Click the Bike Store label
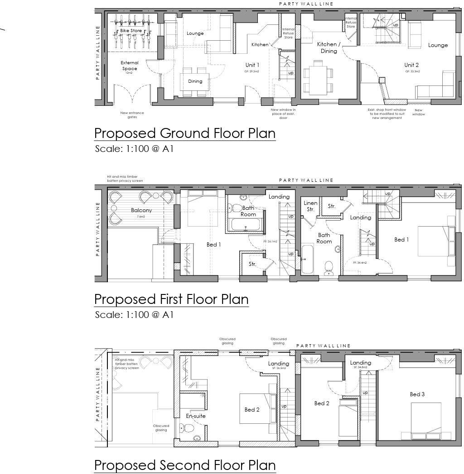(131, 31)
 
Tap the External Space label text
(130, 66)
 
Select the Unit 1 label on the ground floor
(252, 65)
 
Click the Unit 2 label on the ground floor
(412, 65)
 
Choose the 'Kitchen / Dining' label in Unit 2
(329, 47)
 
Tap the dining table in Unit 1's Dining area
(195, 81)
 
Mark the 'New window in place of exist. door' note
(283, 114)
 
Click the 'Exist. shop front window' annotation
(387, 114)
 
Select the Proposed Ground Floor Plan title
(184, 133)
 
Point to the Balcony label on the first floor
(141, 210)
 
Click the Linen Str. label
(310, 206)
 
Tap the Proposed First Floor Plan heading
(171, 299)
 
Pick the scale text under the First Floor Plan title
(134, 315)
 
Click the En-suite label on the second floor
(196, 416)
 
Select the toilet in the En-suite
(184, 428)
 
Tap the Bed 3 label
(417, 394)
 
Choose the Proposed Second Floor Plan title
(184, 465)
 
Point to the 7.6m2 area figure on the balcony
(141, 217)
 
